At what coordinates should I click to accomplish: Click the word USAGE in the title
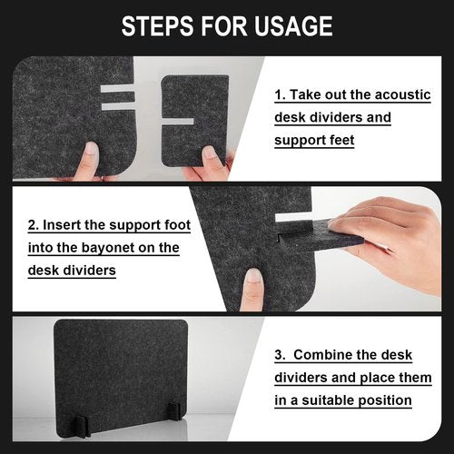pos(293,26)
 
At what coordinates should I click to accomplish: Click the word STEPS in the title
pos(157,26)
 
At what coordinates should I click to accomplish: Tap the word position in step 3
pos(385,401)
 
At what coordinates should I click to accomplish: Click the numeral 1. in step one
pos(280,95)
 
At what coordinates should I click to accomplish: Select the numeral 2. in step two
pos(34,225)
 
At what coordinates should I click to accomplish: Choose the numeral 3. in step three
pos(280,355)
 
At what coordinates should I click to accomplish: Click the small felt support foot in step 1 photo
pos(195,121)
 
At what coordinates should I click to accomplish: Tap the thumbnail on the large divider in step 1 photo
pos(91,150)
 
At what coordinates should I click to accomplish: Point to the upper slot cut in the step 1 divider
pos(117,88)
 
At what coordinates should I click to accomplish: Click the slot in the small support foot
pos(178,122)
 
